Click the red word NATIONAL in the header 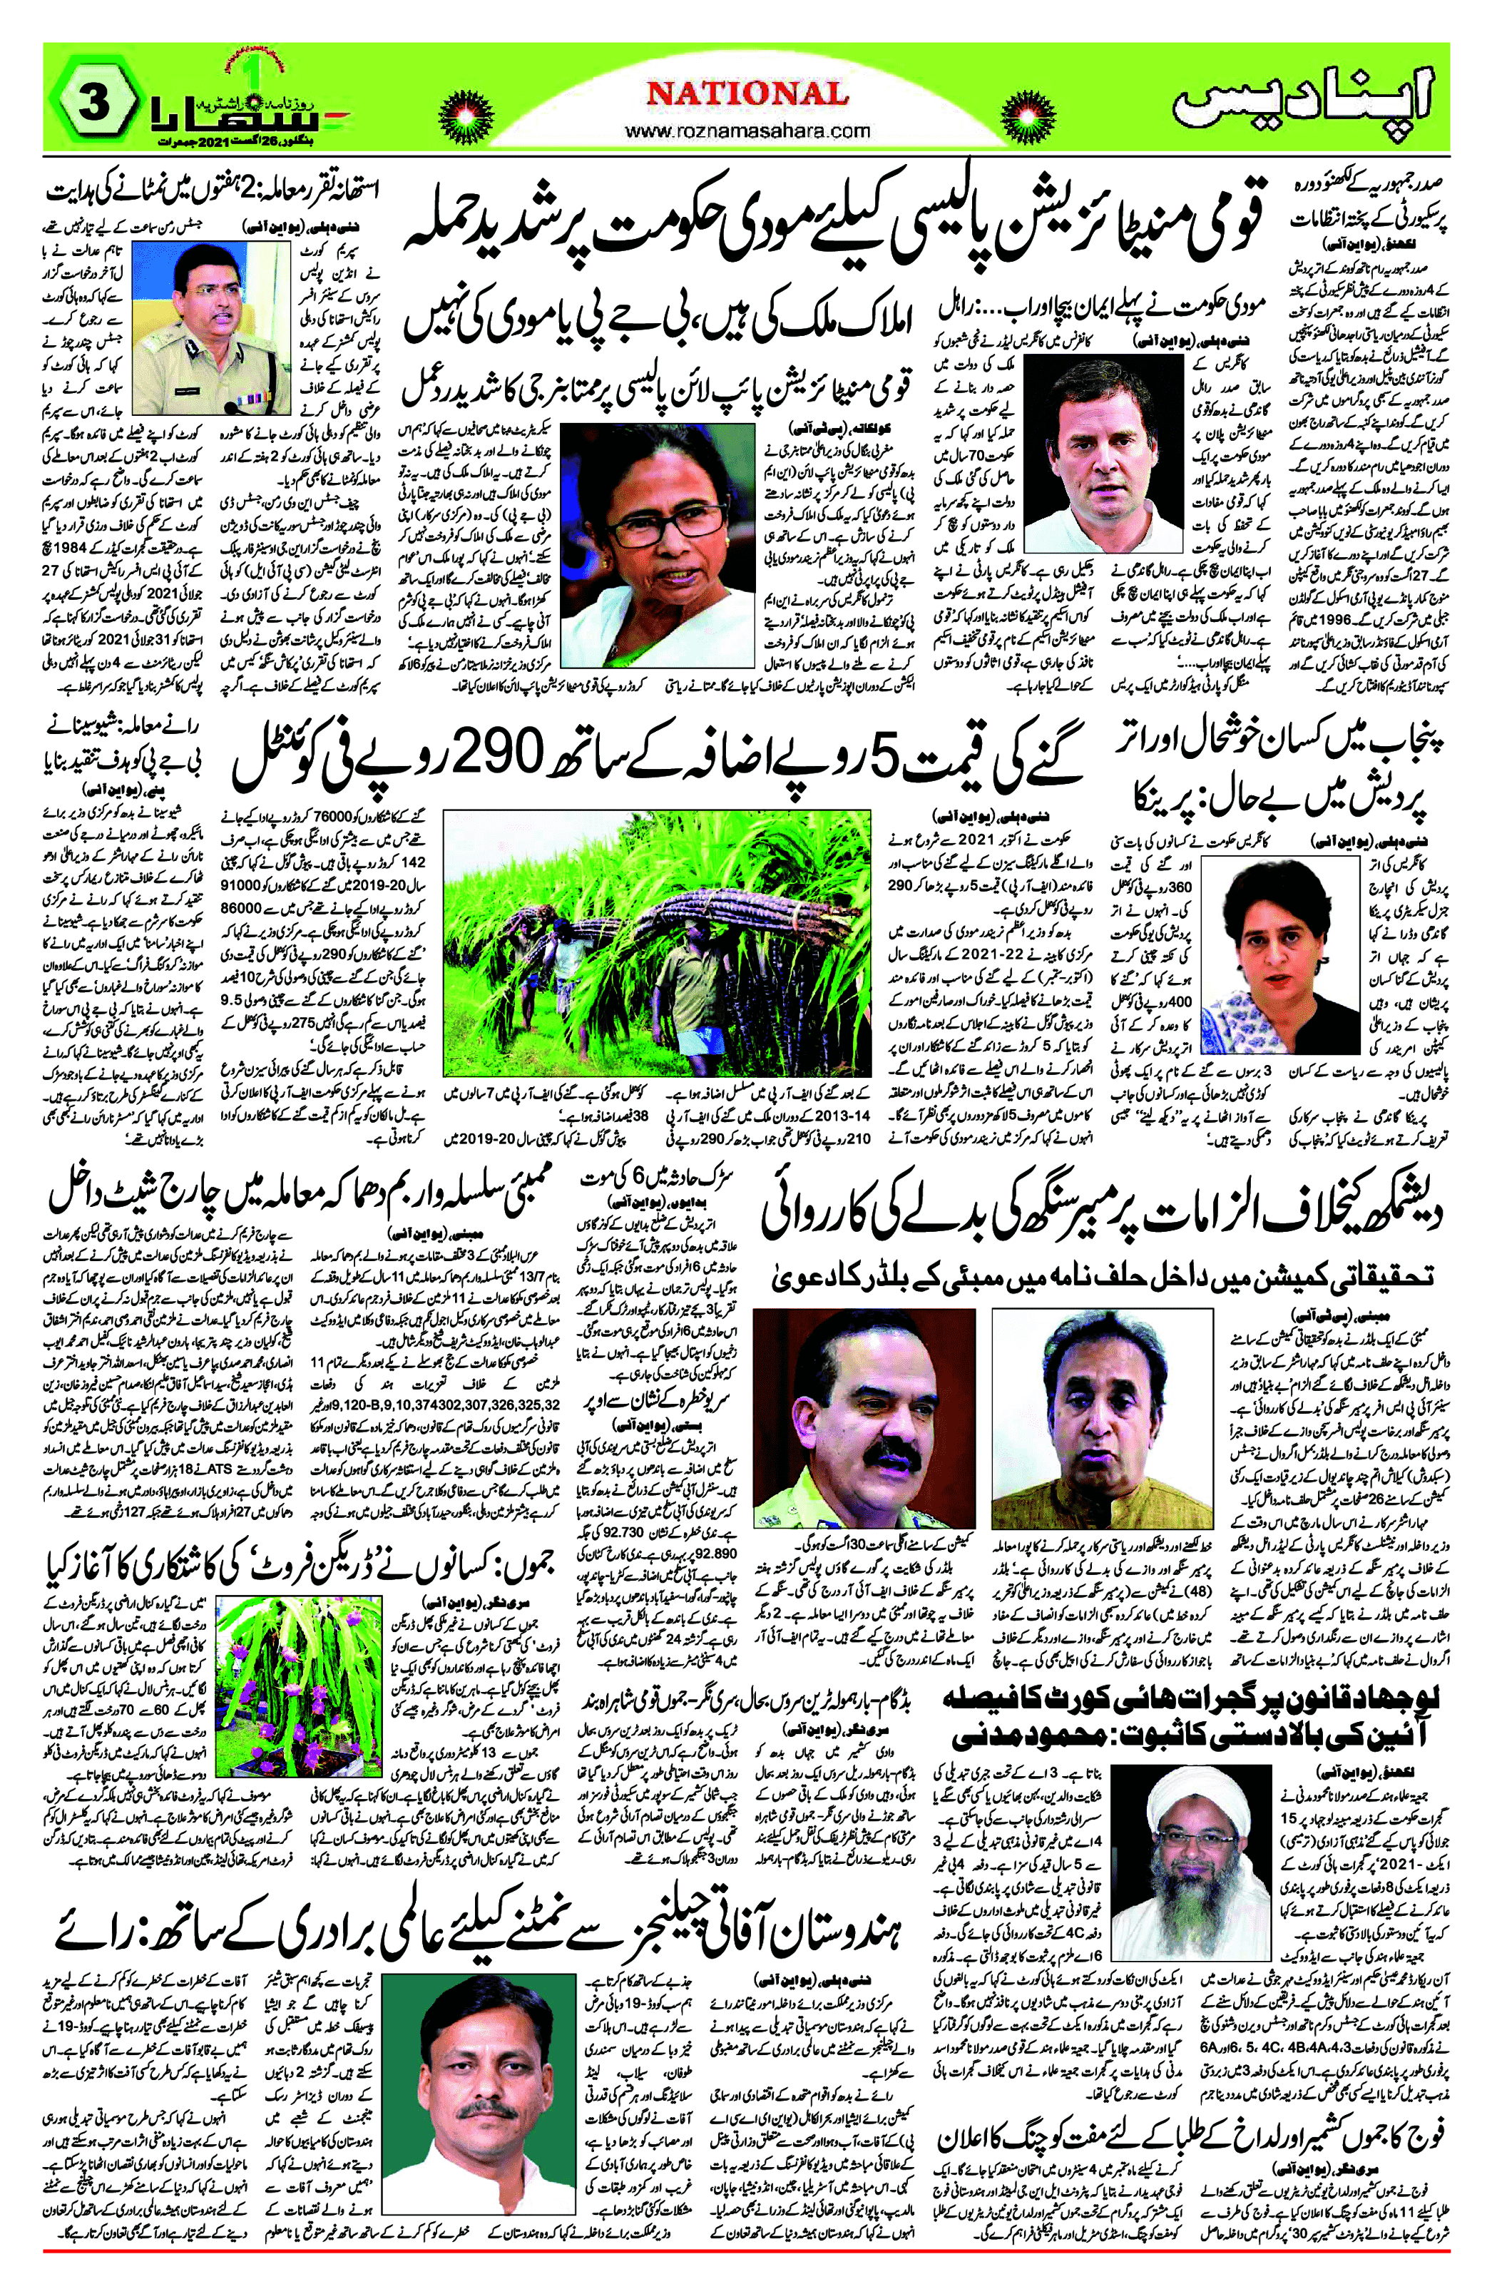(x=747, y=93)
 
